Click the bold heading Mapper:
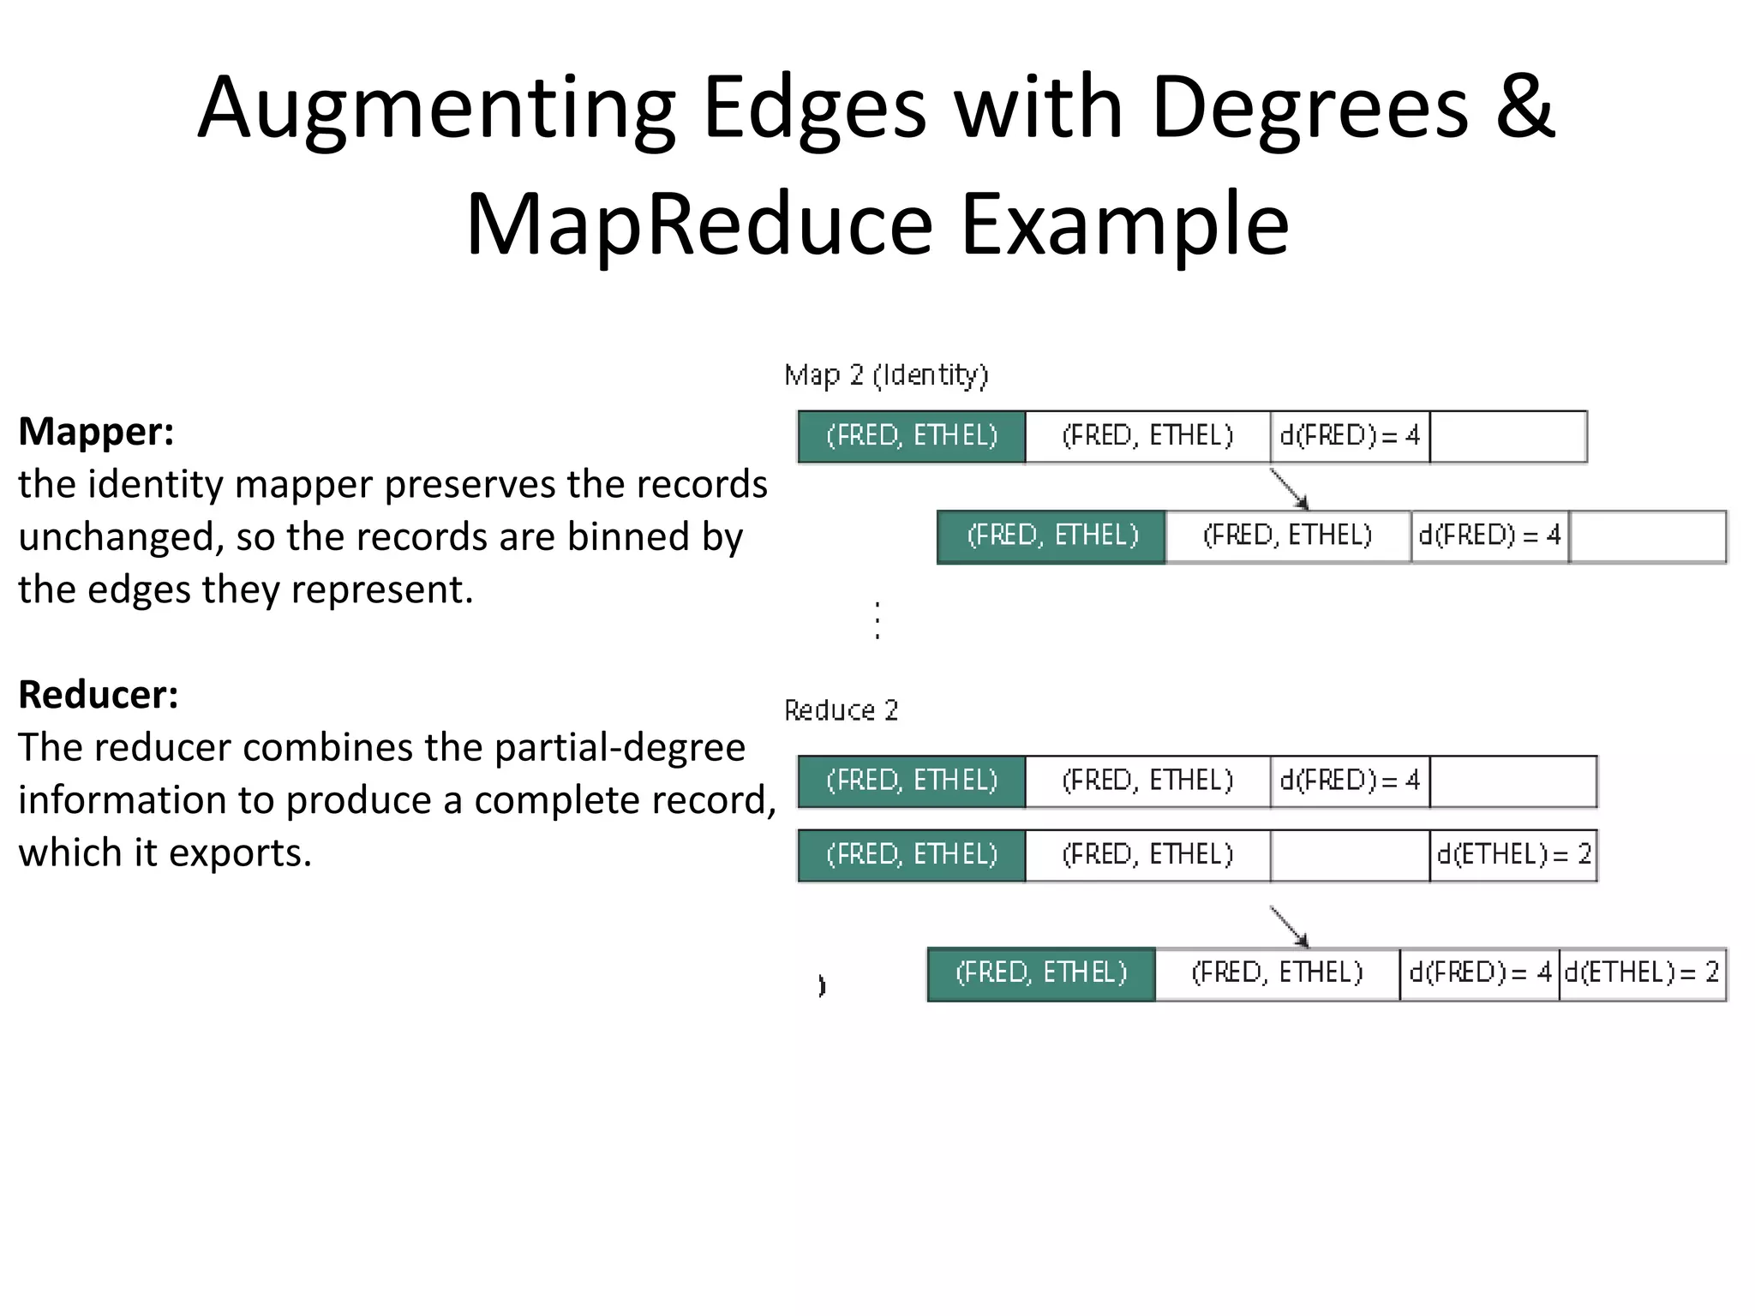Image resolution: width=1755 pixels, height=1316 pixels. point(96,432)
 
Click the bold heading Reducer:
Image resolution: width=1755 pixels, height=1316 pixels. point(99,695)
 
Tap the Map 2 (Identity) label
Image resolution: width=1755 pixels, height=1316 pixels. point(886,375)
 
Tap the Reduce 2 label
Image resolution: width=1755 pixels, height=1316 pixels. point(841,710)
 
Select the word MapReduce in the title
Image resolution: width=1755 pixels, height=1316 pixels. point(698,224)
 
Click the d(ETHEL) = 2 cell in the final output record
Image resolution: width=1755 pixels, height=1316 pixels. point(1642,973)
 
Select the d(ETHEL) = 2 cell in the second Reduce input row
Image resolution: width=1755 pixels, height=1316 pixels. point(1513,855)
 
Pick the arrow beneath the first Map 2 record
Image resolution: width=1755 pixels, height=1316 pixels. point(1289,489)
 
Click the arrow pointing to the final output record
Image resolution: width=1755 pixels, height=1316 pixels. point(1289,927)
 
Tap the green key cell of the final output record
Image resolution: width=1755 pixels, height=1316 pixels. point(1041,973)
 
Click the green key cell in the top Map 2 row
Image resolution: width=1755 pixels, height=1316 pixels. point(912,437)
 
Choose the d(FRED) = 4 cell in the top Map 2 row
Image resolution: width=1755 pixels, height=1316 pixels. point(1350,437)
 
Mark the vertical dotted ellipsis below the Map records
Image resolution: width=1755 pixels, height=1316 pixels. point(877,620)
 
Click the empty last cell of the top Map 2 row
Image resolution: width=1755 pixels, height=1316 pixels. point(1508,437)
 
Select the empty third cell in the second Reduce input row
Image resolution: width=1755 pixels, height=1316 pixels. point(1350,855)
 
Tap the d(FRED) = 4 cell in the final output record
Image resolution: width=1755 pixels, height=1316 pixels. point(1480,973)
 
